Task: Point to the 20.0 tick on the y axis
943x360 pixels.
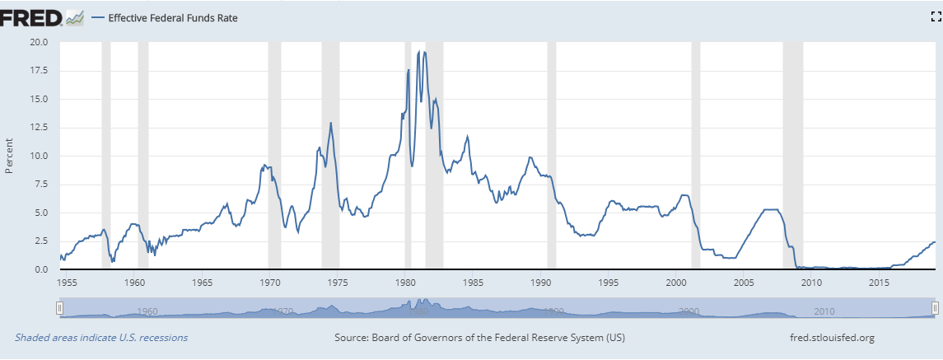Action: click(x=39, y=42)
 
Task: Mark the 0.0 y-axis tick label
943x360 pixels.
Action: click(x=41, y=270)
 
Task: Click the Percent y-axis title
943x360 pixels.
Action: click(x=10, y=157)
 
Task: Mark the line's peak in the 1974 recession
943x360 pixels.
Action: click(x=331, y=123)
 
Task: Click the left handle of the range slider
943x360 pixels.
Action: click(x=58, y=307)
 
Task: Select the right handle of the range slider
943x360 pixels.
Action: click(x=935, y=307)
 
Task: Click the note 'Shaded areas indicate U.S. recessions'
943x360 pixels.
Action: click(x=101, y=338)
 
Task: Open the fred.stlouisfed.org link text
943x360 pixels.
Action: click(x=832, y=338)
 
